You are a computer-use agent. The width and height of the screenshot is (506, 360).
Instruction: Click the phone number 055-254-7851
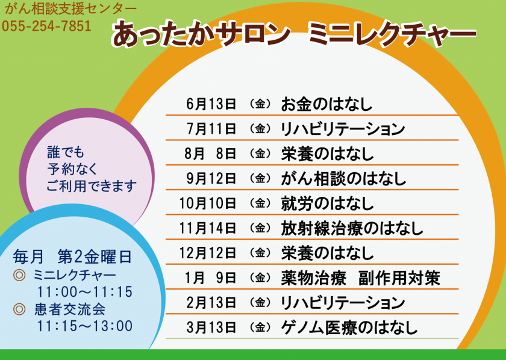pos(46,26)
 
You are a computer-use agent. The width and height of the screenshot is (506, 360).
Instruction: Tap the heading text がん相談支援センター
pos(70,9)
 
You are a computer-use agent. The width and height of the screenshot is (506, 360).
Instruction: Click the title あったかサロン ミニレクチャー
pos(294,33)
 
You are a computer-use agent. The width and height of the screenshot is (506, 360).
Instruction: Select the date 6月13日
pos(211,104)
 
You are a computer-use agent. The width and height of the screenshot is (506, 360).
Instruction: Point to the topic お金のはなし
pos(326,104)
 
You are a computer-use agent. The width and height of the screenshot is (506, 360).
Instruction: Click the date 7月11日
pos(211,129)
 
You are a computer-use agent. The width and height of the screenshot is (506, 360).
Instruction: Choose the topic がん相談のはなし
pos(343,178)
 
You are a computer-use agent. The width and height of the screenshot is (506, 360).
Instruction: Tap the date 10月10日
pos(207,203)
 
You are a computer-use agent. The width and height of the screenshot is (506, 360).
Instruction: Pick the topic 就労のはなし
pos(327,203)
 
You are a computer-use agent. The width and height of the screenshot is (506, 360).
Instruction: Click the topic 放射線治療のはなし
pos(352,228)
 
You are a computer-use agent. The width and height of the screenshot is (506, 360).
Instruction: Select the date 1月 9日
pos(210,278)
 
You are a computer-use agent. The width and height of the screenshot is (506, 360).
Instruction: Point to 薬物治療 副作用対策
pos(360,278)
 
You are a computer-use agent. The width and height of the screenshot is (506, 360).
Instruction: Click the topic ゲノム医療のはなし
pos(349,327)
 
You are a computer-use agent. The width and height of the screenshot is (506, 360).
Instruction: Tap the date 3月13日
pos(211,327)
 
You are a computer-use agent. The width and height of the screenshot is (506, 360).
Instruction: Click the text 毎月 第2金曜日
pos(72,257)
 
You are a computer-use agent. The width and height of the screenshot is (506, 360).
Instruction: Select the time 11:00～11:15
pos(84,291)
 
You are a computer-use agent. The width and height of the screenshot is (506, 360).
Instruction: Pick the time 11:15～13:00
pos(84,326)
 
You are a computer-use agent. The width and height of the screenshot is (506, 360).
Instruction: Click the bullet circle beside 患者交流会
pos(19,309)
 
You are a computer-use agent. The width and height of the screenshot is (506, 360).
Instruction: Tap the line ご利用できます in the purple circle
pos(92,186)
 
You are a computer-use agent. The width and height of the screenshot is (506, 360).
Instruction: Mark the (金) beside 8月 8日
pos(260,154)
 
